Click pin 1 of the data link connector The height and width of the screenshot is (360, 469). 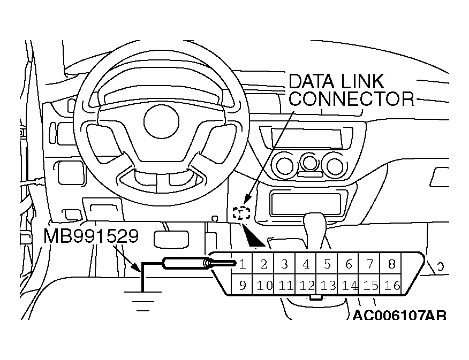(x=243, y=264)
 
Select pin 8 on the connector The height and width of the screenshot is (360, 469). (x=391, y=264)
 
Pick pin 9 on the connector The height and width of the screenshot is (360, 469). (x=243, y=285)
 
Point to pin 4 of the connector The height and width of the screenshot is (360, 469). (x=306, y=264)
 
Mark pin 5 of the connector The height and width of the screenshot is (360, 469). (x=327, y=264)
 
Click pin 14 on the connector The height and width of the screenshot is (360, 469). (x=349, y=285)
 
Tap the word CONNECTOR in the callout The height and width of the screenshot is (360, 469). (x=351, y=98)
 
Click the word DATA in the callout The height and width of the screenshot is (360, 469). (x=311, y=81)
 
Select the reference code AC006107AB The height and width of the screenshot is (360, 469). (x=399, y=315)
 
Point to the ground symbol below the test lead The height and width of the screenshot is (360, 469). (x=140, y=300)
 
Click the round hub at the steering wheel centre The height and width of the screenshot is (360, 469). (x=161, y=120)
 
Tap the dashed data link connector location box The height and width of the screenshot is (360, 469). (x=243, y=213)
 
